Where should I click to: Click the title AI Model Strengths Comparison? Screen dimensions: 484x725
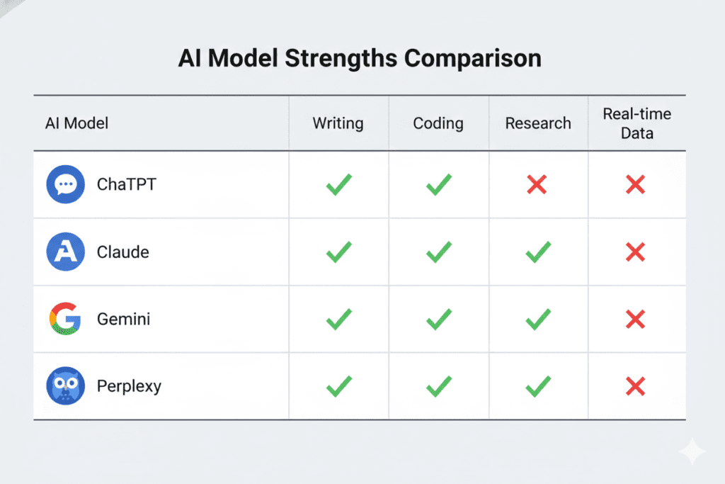click(360, 58)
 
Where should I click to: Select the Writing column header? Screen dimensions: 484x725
click(338, 123)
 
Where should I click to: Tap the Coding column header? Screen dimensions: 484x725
click(438, 123)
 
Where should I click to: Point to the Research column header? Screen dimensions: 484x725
click(538, 123)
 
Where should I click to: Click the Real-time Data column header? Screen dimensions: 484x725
click(636, 123)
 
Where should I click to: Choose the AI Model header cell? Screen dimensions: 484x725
click(76, 123)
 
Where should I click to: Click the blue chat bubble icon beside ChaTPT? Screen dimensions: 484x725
click(65, 185)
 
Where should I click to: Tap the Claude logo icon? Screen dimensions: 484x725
click(65, 252)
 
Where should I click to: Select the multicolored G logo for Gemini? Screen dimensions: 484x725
click(65, 319)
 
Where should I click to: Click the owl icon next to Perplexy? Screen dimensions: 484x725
click(65, 386)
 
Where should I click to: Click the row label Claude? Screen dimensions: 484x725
click(123, 252)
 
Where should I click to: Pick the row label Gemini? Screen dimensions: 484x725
click(123, 320)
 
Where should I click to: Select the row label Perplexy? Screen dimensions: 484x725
click(129, 387)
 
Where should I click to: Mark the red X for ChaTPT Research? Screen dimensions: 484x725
click(537, 186)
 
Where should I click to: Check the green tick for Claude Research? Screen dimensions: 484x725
click(538, 252)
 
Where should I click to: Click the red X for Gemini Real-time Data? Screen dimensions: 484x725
click(636, 320)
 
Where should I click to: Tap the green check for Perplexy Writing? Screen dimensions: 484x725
click(338, 386)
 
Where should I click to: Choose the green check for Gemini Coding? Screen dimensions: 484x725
click(439, 320)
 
